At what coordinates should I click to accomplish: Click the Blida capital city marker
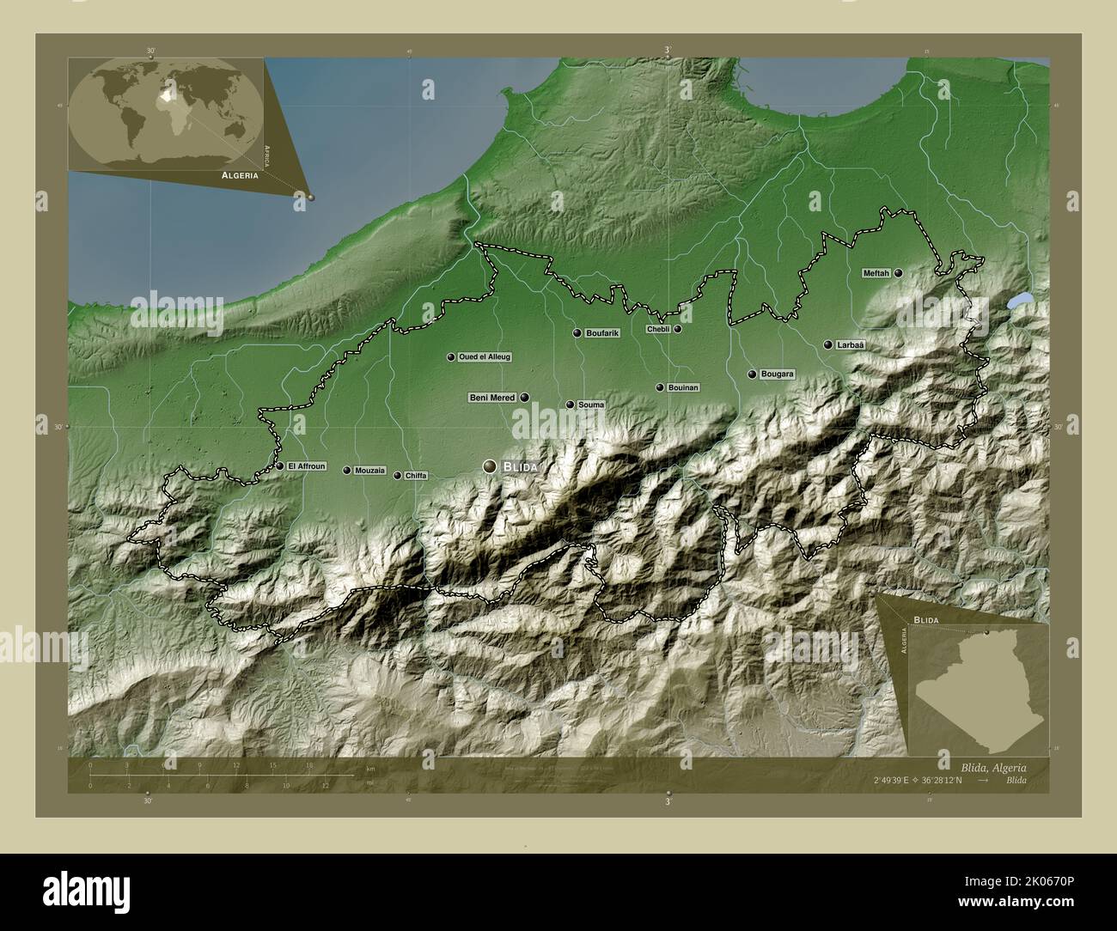click(490, 465)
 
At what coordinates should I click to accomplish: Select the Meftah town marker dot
click(898, 273)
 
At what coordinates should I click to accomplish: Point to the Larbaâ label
click(849, 344)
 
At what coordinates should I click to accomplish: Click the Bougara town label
click(777, 374)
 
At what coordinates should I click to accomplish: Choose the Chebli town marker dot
click(678, 329)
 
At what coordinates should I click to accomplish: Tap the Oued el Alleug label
click(485, 356)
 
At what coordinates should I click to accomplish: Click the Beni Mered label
click(491, 398)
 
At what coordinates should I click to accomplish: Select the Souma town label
click(591, 405)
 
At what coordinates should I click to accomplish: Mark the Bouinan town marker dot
click(660, 387)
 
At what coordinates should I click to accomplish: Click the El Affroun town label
click(307, 466)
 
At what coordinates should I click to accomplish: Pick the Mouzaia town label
click(369, 471)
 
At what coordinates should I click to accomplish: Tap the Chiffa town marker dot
click(397, 475)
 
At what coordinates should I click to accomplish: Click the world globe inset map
click(166, 113)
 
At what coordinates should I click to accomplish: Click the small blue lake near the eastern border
click(1019, 301)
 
